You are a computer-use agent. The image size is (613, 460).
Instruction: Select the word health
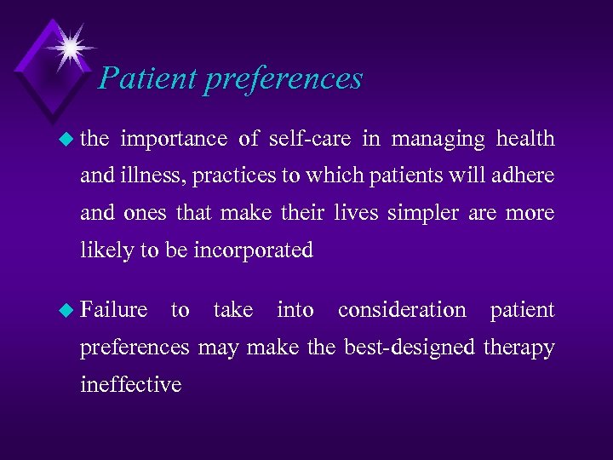point(525,139)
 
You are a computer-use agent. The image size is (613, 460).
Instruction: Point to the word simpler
point(424,213)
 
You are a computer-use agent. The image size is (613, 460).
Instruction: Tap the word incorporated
point(255,250)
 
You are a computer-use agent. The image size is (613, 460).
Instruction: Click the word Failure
point(113,310)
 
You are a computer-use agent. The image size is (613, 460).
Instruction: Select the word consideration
point(402,310)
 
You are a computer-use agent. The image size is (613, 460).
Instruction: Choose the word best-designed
point(410,348)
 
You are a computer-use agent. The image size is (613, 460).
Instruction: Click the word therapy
point(519,348)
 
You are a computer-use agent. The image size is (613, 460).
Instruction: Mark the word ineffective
point(130,384)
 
